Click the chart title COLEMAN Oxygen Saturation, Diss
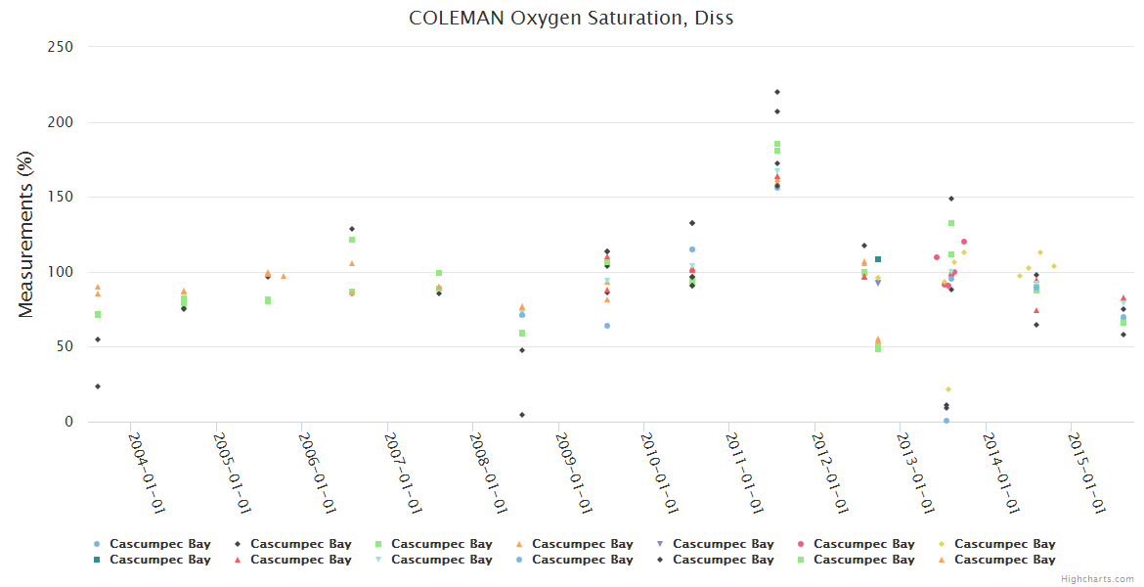click(x=571, y=18)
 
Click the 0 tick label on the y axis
click(x=69, y=423)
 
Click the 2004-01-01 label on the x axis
click(x=146, y=472)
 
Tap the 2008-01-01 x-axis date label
click(x=487, y=472)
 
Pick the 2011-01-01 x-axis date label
click(x=743, y=472)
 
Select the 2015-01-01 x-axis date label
click(x=1084, y=472)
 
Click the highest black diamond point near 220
click(x=777, y=92)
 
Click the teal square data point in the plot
click(x=878, y=259)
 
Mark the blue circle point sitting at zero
click(x=946, y=421)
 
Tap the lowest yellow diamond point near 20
click(x=948, y=389)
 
